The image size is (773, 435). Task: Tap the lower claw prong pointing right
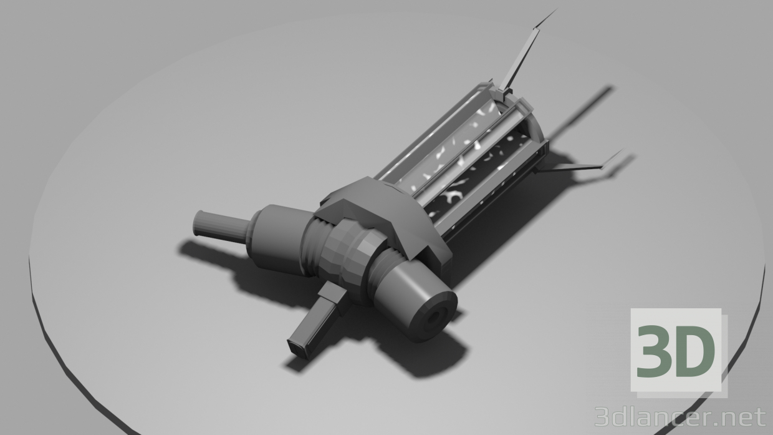(580, 166)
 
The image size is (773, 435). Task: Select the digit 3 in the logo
(656, 353)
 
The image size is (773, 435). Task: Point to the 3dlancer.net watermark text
(679, 416)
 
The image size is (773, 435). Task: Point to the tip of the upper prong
(554, 11)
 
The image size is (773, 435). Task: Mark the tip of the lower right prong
(621, 151)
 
